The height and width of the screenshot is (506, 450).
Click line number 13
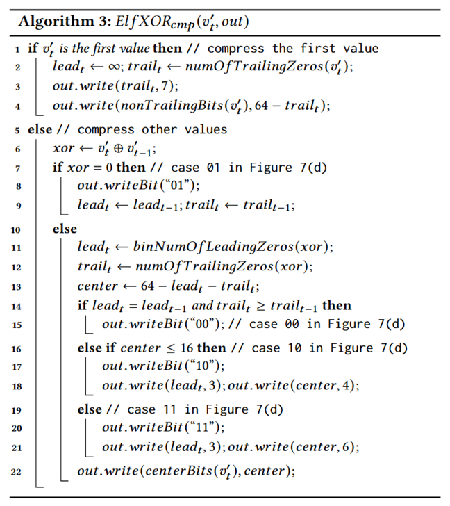click(16, 286)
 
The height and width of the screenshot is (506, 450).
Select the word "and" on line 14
click(203, 305)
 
